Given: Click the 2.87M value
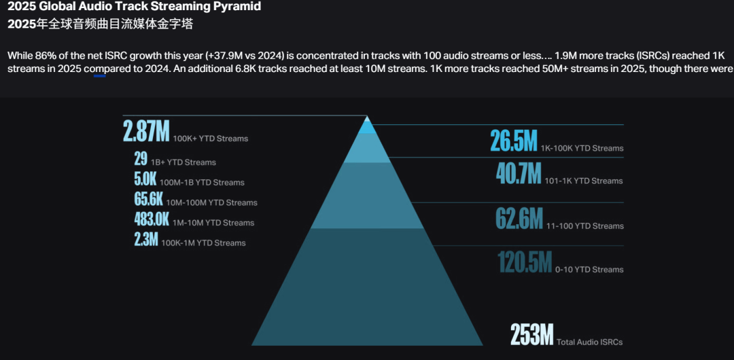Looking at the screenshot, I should (146, 131).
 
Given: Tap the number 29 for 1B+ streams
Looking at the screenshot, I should (141, 160).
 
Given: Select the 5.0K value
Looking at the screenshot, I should (145, 179).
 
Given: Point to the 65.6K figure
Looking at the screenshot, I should (149, 200).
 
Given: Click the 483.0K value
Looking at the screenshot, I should (152, 219).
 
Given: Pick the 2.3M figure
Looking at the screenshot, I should (145, 240).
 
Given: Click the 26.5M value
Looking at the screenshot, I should (514, 142).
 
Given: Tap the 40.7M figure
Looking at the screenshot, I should (519, 175).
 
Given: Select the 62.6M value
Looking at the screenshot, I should (519, 219).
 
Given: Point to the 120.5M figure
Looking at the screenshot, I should (524, 263).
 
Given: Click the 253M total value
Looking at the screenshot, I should (532, 335).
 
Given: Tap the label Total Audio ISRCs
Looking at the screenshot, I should (589, 342).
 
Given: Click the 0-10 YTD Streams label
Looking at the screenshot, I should (589, 270).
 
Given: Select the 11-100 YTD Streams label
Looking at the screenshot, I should (584, 226).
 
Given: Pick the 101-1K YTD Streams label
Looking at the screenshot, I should (584, 181).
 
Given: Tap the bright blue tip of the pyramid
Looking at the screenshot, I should (367, 126).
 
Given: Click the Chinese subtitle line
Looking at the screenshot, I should (100, 24).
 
